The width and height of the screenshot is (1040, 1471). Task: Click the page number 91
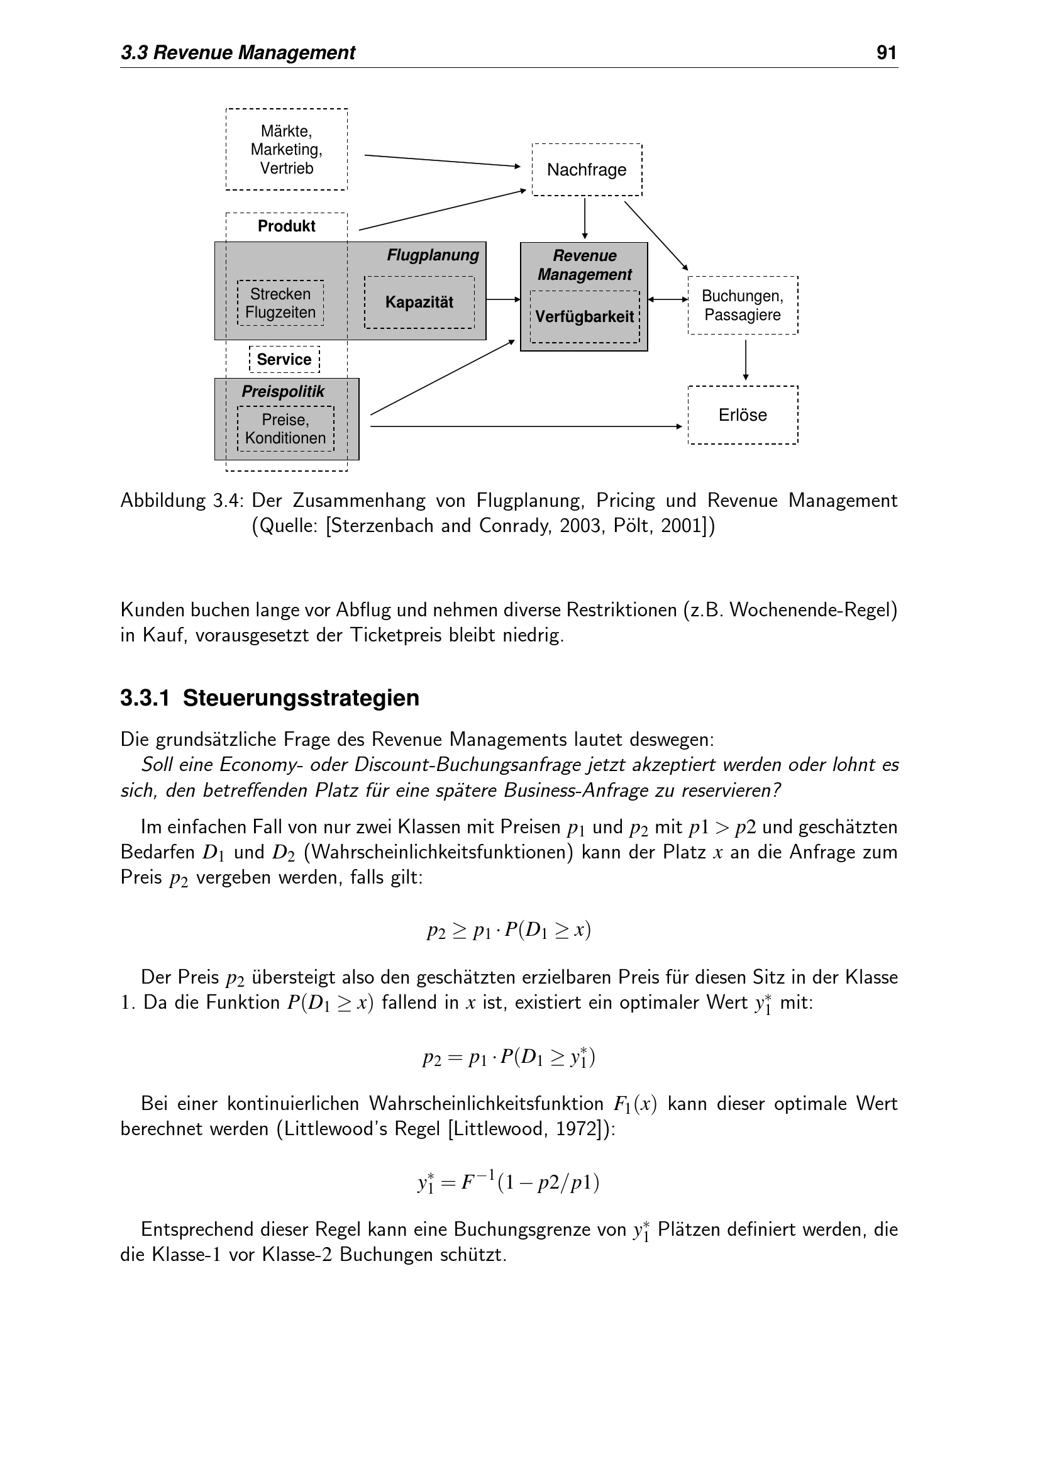(x=887, y=53)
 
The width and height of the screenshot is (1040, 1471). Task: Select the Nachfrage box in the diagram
(x=587, y=170)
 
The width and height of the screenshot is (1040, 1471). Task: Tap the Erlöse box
(x=742, y=415)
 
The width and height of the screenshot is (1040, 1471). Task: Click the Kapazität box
(x=419, y=303)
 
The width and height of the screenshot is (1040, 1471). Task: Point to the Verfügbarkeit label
(x=584, y=316)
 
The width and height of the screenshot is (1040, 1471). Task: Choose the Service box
(x=284, y=360)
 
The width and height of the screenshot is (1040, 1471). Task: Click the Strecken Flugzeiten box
(x=280, y=303)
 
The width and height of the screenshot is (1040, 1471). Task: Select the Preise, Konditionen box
(x=285, y=429)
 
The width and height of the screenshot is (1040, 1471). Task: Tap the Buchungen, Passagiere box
(x=742, y=306)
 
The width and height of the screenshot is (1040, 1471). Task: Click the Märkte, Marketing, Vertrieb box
(x=286, y=149)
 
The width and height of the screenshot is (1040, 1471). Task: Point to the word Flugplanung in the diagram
(x=432, y=255)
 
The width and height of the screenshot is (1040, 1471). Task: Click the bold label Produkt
(x=286, y=226)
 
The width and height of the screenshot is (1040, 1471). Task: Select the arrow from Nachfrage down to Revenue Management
(x=585, y=218)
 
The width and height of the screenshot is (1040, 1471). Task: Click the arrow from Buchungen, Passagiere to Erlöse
(x=746, y=360)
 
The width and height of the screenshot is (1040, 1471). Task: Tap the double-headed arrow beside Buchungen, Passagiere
(x=667, y=299)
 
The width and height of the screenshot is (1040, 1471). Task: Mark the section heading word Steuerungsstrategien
(x=301, y=697)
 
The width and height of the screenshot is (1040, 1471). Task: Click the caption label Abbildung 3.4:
(x=182, y=501)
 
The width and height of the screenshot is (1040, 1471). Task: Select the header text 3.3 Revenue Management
(x=238, y=53)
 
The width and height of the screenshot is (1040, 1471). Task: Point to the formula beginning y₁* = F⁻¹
(x=509, y=1182)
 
